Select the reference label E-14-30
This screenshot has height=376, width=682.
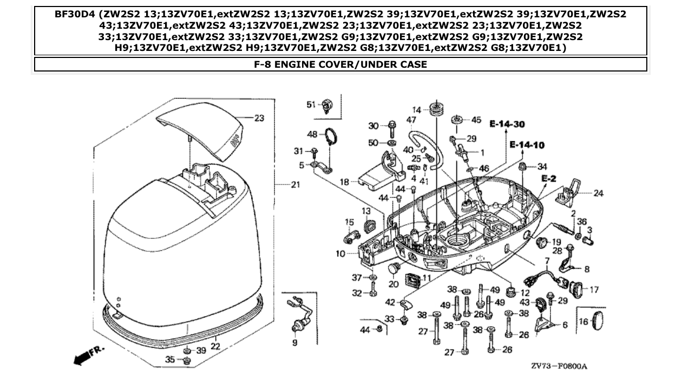coord(508,124)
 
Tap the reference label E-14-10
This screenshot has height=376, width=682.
coord(527,145)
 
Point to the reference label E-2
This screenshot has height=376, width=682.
coord(548,178)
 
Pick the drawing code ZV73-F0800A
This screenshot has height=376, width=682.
coord(559,366)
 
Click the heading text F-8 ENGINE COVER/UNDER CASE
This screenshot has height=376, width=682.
coord(340,64)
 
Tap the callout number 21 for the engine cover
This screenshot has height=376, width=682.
coord(295,185)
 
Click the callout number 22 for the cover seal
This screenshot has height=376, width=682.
coord(215,346)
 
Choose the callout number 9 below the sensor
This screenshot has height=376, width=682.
coord(295,342)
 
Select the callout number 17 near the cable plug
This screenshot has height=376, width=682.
coord(594,289)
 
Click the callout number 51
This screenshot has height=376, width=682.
coord(311,104)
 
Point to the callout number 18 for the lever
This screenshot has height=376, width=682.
coord(344,183)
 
